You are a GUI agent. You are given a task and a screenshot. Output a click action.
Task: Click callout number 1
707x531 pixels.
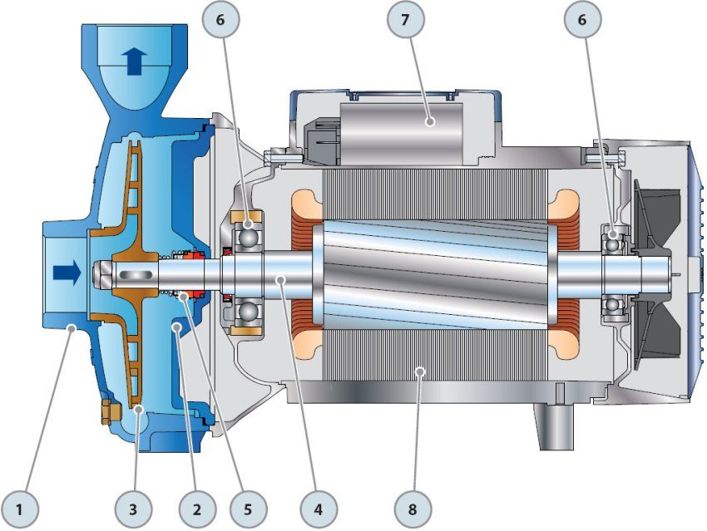tap(19, 509)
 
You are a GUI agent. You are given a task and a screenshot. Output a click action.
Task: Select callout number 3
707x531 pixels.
tap(132, 509)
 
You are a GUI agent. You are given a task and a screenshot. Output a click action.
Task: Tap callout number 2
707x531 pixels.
tap(196, 509)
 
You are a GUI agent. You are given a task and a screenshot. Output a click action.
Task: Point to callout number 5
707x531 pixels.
tap(248, 509)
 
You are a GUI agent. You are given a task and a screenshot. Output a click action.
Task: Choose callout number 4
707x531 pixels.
tap(319, 509)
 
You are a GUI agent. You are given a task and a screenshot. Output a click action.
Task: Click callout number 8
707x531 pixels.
tap(412, 509)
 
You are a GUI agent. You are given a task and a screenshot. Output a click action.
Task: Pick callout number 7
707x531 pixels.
tap(405, 20)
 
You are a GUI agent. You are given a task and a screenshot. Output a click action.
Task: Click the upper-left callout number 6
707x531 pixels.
tap(220, 20)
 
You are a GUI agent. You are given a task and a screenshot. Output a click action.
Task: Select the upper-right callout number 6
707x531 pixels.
tap(582, 20)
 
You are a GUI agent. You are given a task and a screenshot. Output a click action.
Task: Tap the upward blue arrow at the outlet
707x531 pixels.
tap(135, 61)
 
